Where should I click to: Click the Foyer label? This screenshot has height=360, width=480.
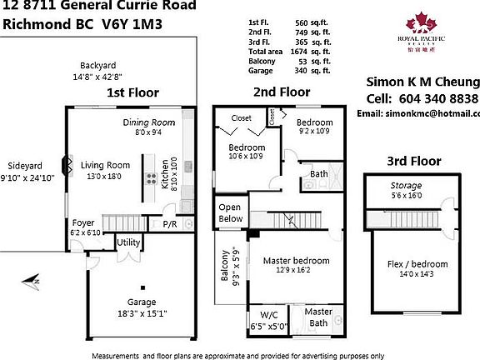tap(83, 222)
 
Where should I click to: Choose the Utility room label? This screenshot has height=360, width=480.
tap(128, 242)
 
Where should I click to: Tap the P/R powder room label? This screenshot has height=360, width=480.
tap(169, 224)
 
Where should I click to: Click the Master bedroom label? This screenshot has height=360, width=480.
tap(297, 260)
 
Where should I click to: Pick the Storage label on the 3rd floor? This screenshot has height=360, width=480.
tap(407, 185)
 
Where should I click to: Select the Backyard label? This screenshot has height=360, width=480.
tap(97, 65)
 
